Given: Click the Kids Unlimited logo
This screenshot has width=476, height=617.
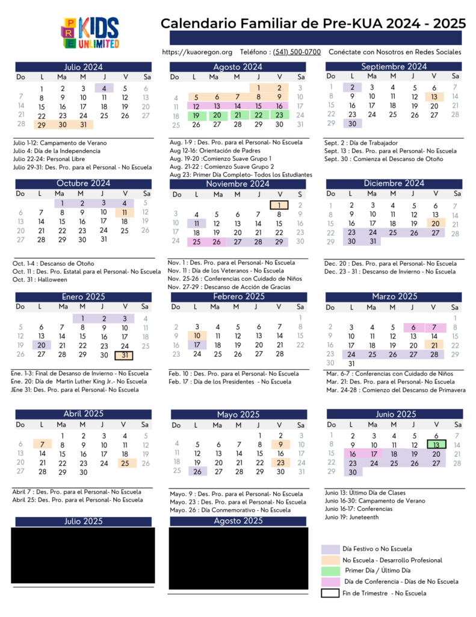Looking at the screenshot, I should (x=90, y=34).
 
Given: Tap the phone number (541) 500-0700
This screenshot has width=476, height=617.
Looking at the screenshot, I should (x=297, y=52).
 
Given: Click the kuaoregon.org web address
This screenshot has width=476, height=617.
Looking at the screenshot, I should (x=197, y=52).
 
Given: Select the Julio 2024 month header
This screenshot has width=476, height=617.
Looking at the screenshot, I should (x=84, y=67).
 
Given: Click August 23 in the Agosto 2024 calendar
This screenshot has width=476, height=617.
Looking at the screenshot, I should (x=279, y=115).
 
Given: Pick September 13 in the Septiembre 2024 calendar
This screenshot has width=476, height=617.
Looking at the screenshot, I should (x=434, y=96).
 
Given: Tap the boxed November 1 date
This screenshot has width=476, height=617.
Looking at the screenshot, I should (x=279, y=205).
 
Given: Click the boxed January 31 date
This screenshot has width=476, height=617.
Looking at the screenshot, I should (x=124, y=355).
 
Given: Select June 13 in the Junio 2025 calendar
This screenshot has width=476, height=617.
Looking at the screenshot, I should (x=434, y=445).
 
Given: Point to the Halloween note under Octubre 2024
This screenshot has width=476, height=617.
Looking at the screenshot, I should (x=35, y=280).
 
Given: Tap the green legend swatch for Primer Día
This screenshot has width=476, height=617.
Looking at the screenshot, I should (x=330, y=570).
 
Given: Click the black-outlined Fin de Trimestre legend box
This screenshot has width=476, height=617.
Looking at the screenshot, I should (x=330, y=593).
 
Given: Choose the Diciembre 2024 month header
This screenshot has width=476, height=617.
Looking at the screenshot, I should (x=394, y=183).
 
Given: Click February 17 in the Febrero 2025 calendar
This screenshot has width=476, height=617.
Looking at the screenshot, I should (x=197, y=345).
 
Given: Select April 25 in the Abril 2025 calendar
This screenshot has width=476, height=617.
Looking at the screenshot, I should (x=125, y=463).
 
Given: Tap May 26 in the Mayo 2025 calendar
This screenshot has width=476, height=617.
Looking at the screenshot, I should (x=197, y=471).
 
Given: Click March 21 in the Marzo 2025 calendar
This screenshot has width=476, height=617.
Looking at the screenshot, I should (x=434, y=345).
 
